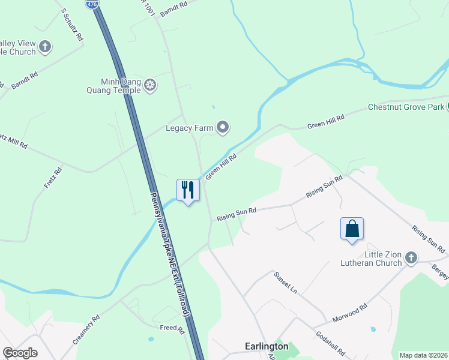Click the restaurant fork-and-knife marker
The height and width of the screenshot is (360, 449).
coord(188,190)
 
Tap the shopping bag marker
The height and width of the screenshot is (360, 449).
coord(352,229)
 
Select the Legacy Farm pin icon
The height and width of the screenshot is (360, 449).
coord(223,127)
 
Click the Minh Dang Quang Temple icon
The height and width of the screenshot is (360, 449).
coord(149,86)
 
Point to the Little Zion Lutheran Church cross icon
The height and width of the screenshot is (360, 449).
coord(411,258)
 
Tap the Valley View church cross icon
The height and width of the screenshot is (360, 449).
coord(46,46)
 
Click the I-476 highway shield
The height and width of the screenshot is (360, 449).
coord(92,4)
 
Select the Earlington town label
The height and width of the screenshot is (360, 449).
coord(267,346)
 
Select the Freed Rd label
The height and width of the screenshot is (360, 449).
coord(172,328)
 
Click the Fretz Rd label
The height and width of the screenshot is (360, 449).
coord(53,178)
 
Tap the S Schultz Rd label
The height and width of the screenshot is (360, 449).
coord(73,24)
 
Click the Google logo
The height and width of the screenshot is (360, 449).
coord(20,353)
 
